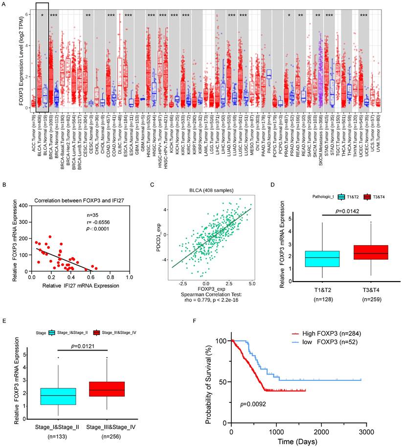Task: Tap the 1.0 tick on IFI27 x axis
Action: click(129, 277)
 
